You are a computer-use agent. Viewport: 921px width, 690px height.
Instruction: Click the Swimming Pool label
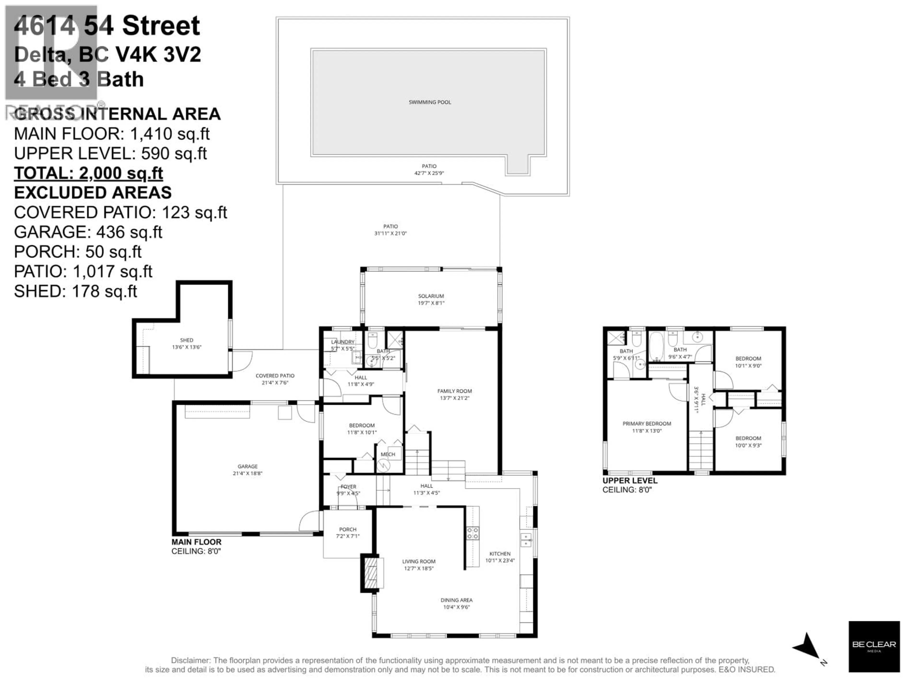pos(430,102)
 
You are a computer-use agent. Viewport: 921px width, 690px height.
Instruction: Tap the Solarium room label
pos(431,296)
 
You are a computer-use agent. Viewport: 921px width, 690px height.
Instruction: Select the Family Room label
pos(454,391)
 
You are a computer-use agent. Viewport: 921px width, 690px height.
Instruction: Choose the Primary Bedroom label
pos(647,423)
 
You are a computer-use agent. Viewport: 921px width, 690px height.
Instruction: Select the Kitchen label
pos(500,554)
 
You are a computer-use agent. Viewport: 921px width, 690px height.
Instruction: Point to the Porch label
pos(348,529)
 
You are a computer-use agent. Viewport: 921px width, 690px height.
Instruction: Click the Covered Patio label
pos(275,376)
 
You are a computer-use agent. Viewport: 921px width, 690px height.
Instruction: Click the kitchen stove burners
pos(472,533)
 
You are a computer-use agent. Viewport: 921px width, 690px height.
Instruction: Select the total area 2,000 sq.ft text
pos(88,173)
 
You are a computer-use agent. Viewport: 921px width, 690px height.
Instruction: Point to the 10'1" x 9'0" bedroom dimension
pos(748,366)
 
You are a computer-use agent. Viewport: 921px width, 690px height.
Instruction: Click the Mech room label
pos(388,454)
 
